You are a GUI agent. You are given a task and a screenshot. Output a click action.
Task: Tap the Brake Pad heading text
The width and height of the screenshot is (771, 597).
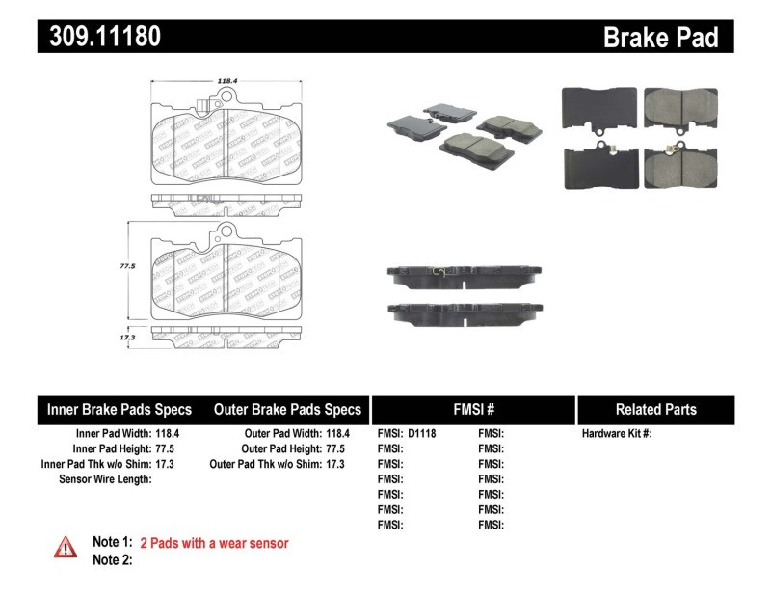(x=660, y=37)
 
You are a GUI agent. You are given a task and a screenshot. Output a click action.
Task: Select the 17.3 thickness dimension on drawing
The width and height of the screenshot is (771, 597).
(x=124, y=339)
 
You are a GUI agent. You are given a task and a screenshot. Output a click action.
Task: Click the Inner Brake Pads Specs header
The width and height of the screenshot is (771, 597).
(x=120, y=409)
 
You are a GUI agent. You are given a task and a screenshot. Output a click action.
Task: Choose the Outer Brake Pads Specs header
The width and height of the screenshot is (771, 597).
(x=287, y=409)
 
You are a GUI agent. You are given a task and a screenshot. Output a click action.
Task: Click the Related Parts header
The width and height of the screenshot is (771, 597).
(x=655, y=409)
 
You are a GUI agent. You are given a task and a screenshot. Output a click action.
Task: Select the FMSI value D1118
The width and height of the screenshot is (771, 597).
(x=422, y=434)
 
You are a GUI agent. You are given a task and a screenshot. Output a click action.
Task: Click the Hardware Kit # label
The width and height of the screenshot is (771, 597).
(x=616, y=434)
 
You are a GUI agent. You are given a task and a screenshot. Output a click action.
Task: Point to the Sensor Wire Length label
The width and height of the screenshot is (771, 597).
(x=105, y=478)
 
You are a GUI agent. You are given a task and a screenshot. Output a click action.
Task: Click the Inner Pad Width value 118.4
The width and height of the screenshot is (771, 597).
(x=168, y=434)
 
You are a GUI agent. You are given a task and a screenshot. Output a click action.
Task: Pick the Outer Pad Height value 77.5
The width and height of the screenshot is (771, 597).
(x=333, y=448)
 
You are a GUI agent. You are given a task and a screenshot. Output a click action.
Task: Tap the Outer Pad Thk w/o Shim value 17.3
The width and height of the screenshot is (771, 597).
(x=333, y=464)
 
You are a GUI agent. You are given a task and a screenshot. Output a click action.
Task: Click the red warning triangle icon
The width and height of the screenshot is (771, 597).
(x=66, y=547)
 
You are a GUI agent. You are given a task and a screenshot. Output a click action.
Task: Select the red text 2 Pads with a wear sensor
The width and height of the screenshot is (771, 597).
(x=214, y=543)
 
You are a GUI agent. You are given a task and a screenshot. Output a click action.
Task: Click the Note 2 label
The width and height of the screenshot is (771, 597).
(x=112, y=559)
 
